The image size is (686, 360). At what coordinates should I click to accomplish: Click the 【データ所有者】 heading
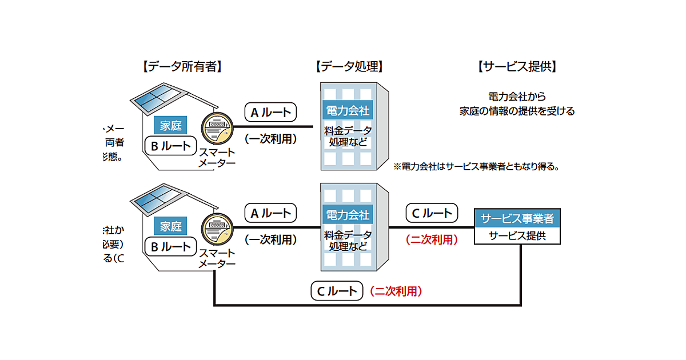tap(181, 67)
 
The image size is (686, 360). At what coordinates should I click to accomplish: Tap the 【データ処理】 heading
tap(349, 67)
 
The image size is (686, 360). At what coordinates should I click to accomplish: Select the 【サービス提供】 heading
tap(517, 67)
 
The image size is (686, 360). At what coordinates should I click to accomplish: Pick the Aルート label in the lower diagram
tap(271, 214)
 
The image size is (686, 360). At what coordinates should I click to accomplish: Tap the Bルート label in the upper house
tap(170, 146)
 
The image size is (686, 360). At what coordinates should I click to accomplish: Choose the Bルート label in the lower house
tap(170, 247)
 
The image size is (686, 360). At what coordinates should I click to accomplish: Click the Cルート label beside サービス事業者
tap(432, 214)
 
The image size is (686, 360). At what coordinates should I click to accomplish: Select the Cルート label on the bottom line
tap(337, 291)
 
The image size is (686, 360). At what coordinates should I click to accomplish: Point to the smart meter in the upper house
tap(216, 128)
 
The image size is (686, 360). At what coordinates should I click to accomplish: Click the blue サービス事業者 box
tap(517, 218)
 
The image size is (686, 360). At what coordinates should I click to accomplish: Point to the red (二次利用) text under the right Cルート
tap(432, 240)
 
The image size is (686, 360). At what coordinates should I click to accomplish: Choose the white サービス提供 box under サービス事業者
tap(517, 235)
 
